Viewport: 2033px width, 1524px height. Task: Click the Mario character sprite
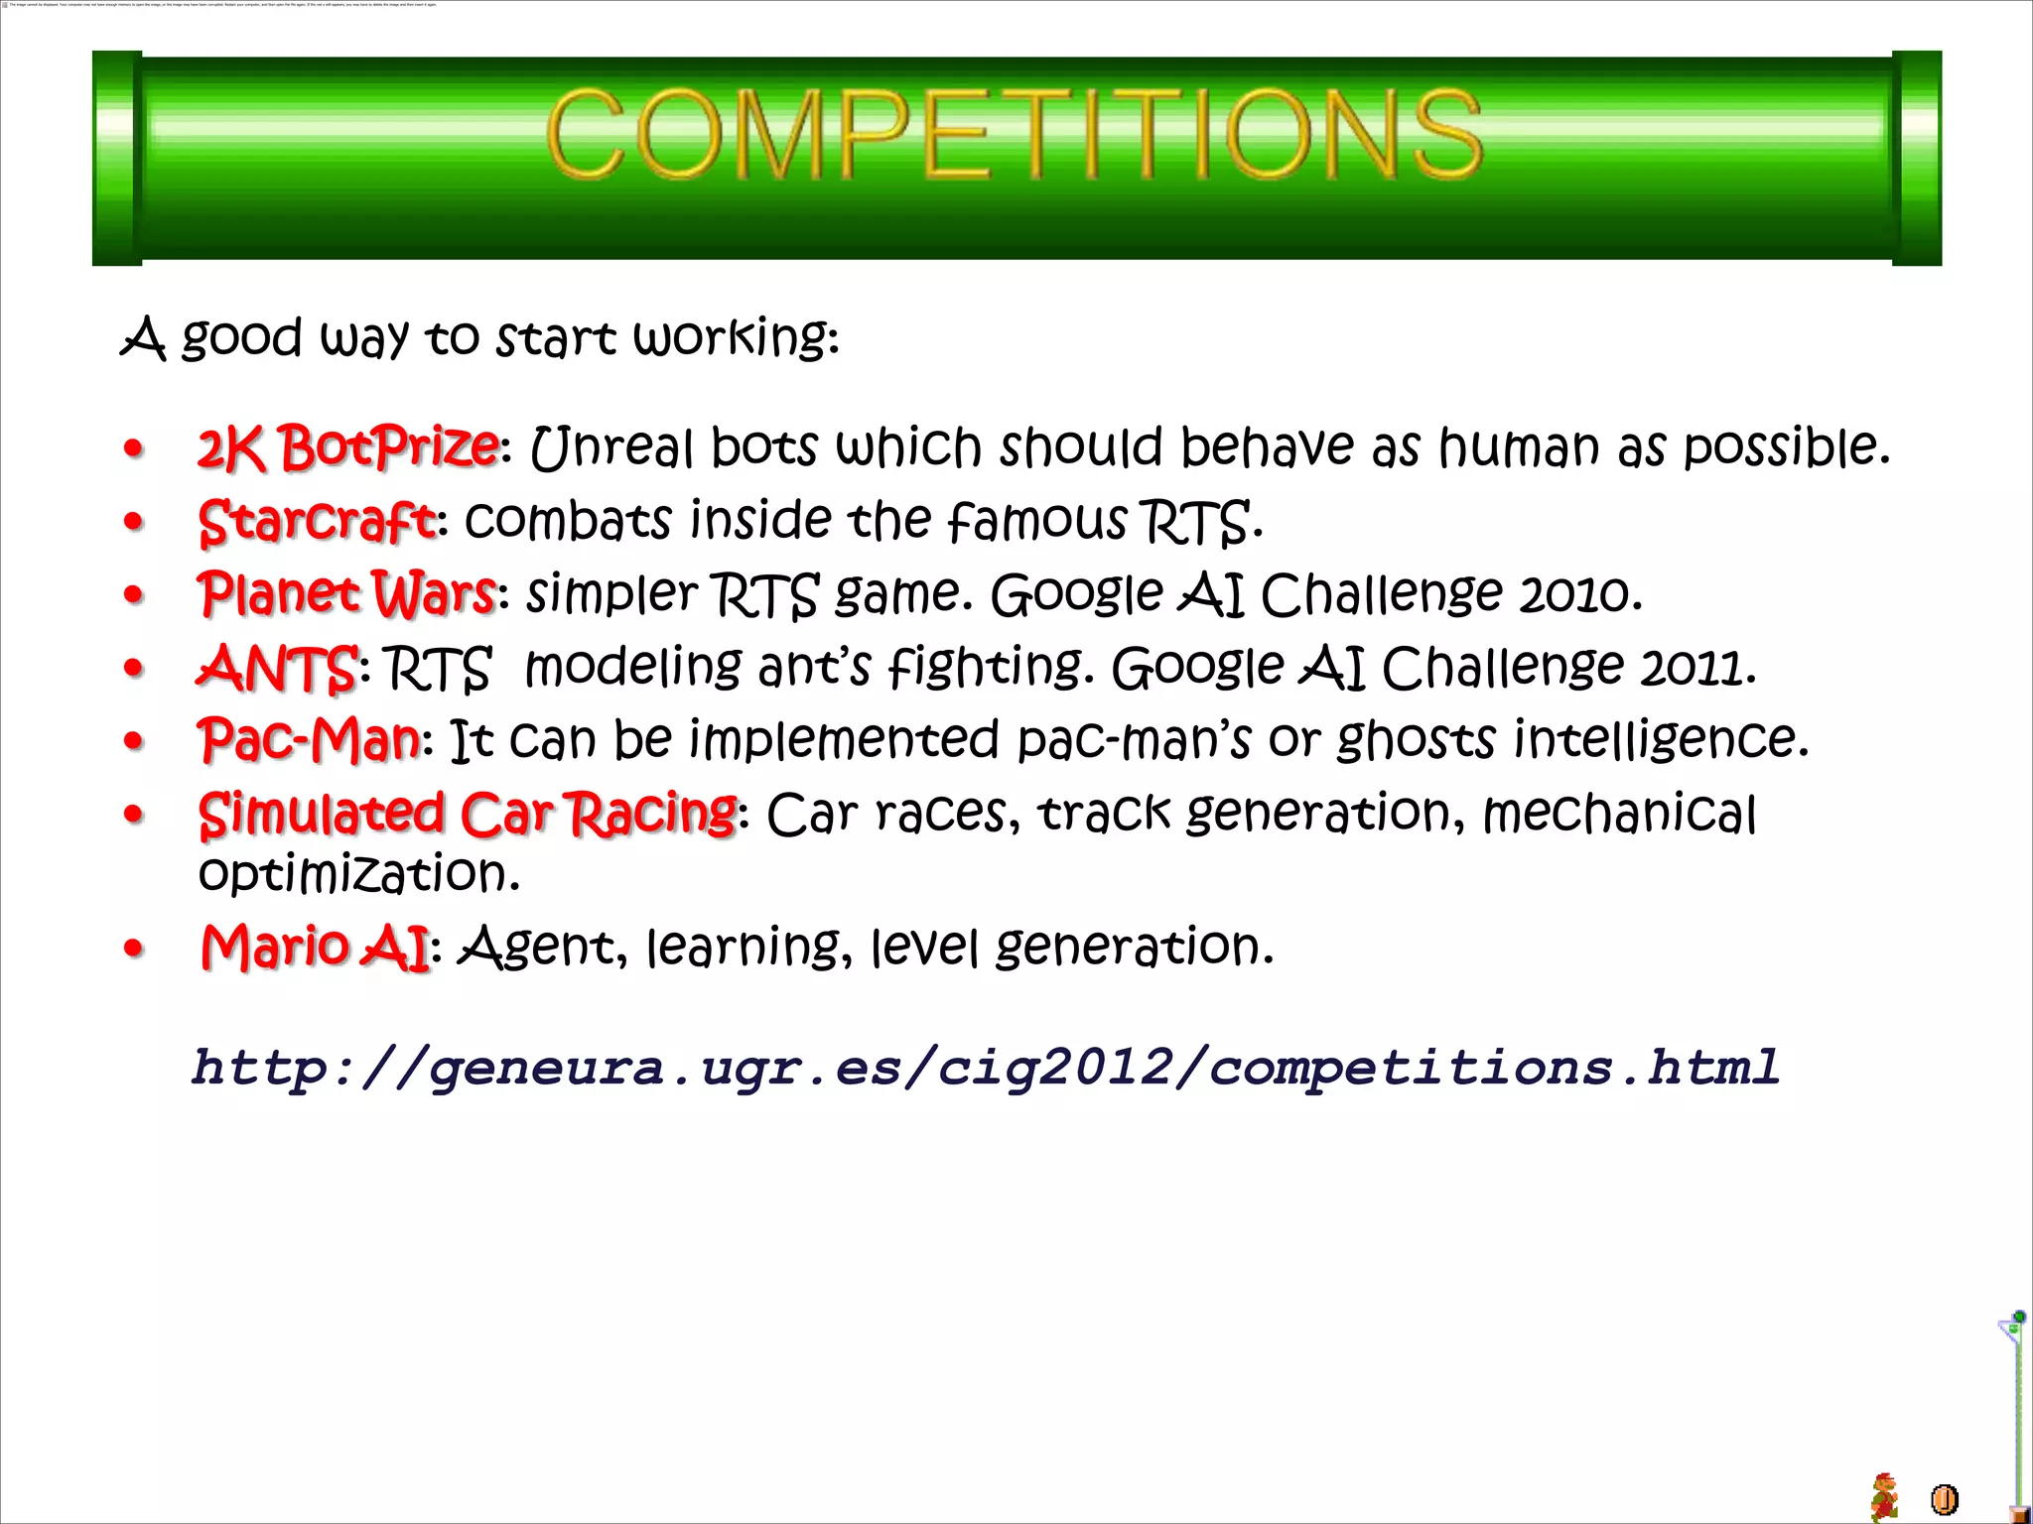(1884, 1496)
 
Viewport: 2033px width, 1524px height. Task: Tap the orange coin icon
(1944, 1498)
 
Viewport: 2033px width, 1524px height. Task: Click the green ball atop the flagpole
(2019, 1317)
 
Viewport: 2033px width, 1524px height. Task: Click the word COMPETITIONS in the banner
(1014, 134)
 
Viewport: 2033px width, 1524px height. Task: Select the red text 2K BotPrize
(347, 447)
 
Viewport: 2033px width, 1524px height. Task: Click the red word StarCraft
(317, 521)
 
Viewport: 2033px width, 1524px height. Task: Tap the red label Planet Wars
(346, 593)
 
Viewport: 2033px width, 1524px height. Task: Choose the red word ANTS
(277, 668)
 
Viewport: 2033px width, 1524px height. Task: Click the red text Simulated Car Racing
(468, 814)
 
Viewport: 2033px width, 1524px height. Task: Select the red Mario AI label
(315, 947)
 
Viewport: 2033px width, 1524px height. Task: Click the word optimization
(358, 874)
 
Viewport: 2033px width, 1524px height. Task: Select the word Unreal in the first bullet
(611, 447)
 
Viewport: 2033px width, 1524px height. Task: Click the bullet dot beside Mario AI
(134, 949)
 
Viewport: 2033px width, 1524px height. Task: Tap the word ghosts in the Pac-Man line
(1416, 740)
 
